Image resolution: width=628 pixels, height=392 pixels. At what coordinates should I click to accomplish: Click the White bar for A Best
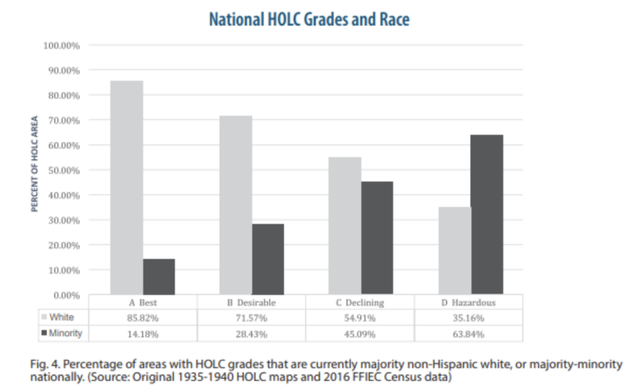pos(127,188)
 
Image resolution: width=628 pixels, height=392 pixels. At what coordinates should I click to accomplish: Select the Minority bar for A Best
pos(159,277)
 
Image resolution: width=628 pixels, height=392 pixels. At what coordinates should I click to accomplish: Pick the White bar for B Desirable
pos(235,206)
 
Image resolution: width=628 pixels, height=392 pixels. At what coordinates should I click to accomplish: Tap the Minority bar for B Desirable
pos(268,259)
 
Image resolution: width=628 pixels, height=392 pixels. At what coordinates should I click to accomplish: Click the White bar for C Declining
pos(345,226)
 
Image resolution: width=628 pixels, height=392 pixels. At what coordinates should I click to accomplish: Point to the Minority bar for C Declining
pos(377,238)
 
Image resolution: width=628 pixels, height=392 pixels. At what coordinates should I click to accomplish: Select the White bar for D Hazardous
pos(454,251)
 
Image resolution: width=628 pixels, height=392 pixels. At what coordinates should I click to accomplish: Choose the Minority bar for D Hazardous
pos(487,215)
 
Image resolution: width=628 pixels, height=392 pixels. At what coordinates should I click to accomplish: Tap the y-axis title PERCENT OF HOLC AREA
pos(35,164)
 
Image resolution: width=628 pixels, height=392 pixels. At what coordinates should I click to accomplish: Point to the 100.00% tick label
pos(61,45)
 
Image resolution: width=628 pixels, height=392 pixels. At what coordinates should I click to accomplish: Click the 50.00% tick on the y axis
pos(63,170)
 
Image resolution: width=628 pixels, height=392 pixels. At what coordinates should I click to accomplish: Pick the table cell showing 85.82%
pos(143,318)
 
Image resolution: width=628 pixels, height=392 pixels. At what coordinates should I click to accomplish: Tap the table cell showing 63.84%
pos(469,334)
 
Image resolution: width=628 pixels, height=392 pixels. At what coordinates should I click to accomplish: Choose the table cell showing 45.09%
pos(361,334)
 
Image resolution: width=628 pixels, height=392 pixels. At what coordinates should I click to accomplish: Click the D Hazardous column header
pos(469,302)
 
